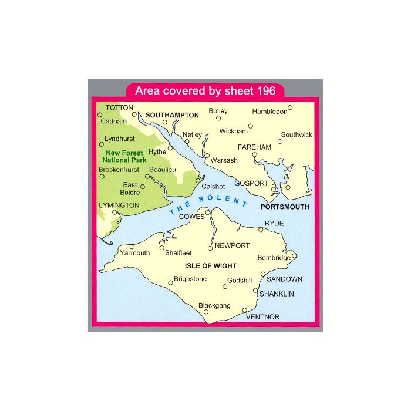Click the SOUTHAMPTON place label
pyautogui.click(x=173, y=115)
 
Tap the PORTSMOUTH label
pyautogui.click(x=285, y=207)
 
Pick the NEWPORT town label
pyautogui.click(x=233, y=245)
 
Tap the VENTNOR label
pyautogui.click(x=262, y=317)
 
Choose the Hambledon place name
pyautogui.click(x=269, y=111)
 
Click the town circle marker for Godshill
pyautogui.click(x=224, y=288)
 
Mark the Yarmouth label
pyautogui.click(x=134, y=253)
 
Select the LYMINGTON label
pyautogui.click(x=120, y=205)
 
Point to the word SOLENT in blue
pyautogui.click(x=223, y=199)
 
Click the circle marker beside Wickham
pyautogui.click(x=251, y=125)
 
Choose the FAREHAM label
pyautogui.click(x=254, y=147)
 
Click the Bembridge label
pyautogui.click(x=274, y=258)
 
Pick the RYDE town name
pyautogui.click(x=274, y=224)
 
